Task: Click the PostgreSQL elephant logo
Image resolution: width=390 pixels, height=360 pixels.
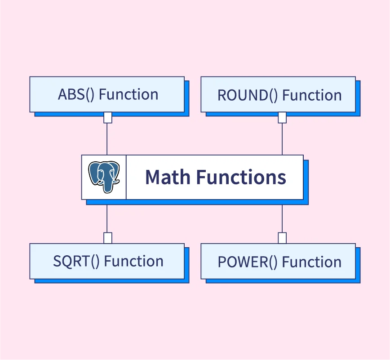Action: click(x=104, y=177)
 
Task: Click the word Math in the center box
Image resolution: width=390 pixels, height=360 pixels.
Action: click(x=165, y=177)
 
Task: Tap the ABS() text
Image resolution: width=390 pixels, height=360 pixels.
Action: click(x=76, y=94)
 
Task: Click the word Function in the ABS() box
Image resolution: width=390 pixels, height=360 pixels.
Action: click(x=129, y=94)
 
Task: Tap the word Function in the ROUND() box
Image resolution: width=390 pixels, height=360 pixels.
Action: click(x=312, y=95)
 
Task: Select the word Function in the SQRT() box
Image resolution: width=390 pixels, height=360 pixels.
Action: click(x=134, y=261)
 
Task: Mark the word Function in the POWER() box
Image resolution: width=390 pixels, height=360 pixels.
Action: click(x=312, y=262)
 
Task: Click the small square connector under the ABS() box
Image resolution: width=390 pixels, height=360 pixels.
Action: click(x=108, y=118)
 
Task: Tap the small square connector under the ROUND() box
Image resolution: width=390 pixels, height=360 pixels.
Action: click(x=282, y=118)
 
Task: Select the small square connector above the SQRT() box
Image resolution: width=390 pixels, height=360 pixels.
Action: click(x=108, y=238)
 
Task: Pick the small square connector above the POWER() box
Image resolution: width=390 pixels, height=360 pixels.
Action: click(x=282, y=238)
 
